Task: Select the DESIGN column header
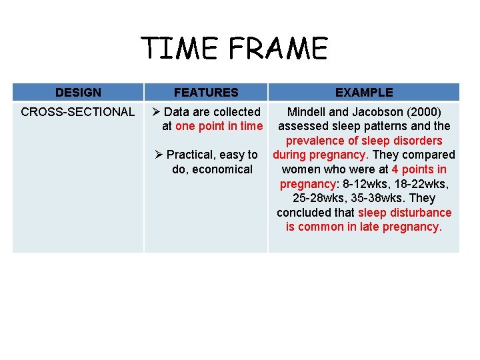coord(78,93)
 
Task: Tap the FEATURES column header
coord(206,93)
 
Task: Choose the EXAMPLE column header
coord(364,93)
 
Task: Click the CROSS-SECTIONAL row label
coord(78,112)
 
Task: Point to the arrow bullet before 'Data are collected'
coord(157,112)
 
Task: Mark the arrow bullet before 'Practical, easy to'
coord(159,155)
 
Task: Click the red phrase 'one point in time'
coord(219,126)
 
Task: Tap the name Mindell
coord(307,112)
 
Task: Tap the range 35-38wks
coord(375,198)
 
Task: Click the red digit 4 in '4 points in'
coord(395,169)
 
